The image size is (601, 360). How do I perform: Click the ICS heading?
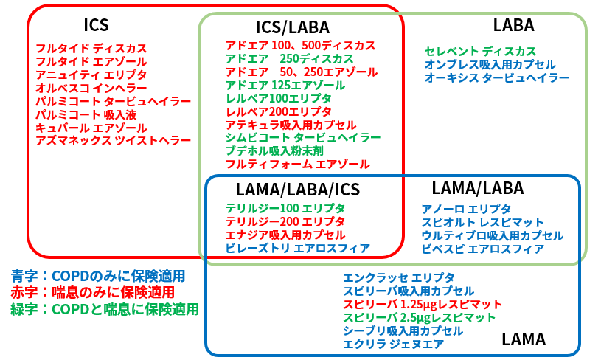pos(96,25)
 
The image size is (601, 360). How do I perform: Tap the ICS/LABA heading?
pos(293,27)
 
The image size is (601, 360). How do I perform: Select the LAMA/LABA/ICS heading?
pos(298,190)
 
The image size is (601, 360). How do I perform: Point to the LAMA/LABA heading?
pos(478,188)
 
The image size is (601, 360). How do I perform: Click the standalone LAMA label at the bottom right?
pos(524,339)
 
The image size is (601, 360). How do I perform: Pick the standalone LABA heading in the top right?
pos(513,25)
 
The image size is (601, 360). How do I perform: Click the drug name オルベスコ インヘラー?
pos(91,89)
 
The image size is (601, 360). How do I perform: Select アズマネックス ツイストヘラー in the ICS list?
pos(114,141)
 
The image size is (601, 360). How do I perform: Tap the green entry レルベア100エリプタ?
pos(279,99)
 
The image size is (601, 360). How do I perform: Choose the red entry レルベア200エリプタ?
pos(279,111)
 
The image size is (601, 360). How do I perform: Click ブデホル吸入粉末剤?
pos(274,151)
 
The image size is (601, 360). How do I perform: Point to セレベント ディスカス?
pos(480,52)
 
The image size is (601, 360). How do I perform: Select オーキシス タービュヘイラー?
pos(497,77)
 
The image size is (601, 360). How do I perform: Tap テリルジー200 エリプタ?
pos(285,221)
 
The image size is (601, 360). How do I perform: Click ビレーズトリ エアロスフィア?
pos(298,248)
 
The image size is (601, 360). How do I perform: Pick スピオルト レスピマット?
pos(482,222)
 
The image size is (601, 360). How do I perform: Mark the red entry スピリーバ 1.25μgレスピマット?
pos(423,305)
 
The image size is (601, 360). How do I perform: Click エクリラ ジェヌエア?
pos(393,344)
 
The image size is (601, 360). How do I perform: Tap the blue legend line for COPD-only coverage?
pos(98,276)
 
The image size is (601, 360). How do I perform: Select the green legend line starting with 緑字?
pos(105,309)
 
